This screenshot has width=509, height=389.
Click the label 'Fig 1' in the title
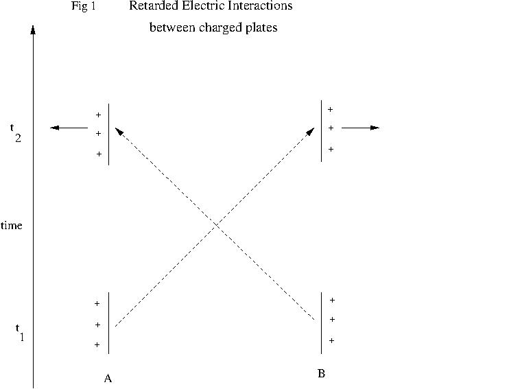84,6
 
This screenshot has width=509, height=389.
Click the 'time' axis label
12,225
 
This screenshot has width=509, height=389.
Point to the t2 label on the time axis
16,133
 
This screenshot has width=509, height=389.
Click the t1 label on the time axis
20,333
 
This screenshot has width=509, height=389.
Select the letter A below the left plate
108,378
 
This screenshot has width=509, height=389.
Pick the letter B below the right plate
321,373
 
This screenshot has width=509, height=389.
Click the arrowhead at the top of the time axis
33,30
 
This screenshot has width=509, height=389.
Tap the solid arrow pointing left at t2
69,128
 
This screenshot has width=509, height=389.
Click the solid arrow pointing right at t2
360,128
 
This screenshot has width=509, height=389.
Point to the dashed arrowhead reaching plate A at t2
119,131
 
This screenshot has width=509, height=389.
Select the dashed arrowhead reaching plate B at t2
311,131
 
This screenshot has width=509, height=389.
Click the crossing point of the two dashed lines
217,225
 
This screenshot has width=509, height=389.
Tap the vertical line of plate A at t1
109,323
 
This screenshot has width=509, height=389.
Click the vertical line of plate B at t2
321,131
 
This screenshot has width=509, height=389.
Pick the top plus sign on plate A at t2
98,115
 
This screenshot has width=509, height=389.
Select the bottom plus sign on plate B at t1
331,340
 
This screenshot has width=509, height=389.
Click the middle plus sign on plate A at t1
97,325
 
